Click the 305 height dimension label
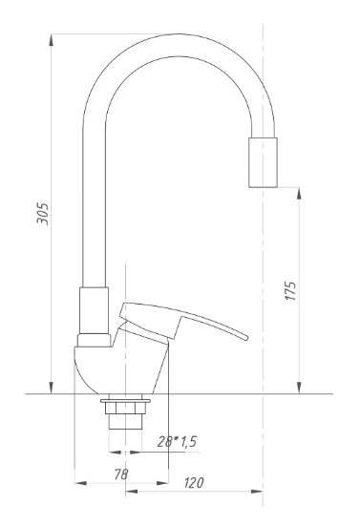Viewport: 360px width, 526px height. click(43, 213)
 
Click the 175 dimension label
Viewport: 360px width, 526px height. click(290, 291)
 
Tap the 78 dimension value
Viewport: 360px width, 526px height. click(121, 474)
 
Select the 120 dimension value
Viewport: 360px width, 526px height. click(194, 483)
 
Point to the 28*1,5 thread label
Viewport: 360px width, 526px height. click(177, 442)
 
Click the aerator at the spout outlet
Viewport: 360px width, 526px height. click(263, 162)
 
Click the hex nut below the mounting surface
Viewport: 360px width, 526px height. click(125, 408)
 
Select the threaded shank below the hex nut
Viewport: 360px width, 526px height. click(125, 421)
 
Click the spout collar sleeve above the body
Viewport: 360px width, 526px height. click(94, 310)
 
